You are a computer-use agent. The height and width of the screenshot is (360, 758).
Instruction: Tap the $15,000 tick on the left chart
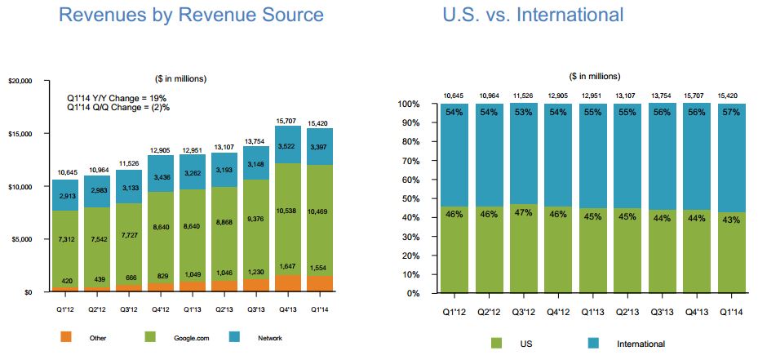(20, 134)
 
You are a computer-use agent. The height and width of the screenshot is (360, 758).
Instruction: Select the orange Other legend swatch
(66, 336)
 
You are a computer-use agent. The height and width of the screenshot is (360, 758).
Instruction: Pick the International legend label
(641, 344)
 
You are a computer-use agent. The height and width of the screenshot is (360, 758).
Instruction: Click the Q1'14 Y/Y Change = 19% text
(122, 96)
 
